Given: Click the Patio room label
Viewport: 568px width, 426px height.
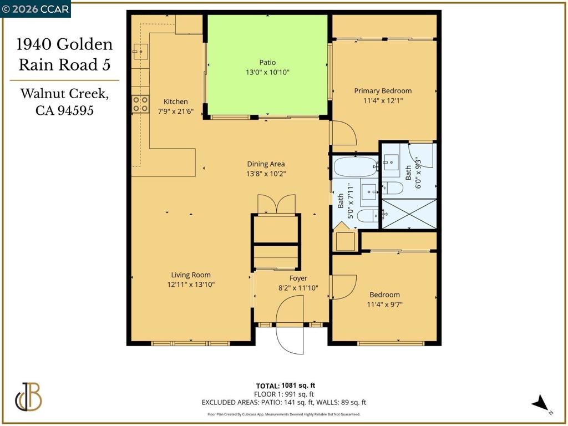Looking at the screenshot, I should tap(267, 63).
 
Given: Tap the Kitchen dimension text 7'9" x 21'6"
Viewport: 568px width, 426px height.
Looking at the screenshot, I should tap(175, 111).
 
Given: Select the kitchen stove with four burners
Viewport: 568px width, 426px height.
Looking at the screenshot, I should tap(140, 104).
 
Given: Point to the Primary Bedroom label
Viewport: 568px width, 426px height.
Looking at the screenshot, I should tap(383, 91).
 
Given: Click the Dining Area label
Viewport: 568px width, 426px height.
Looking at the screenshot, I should tap(266, 164).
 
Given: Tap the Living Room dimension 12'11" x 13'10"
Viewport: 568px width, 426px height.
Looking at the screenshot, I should tap(191, 285).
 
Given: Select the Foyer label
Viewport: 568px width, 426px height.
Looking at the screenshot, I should tap(298, 278).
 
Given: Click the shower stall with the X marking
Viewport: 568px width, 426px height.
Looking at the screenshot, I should tap(409, 214).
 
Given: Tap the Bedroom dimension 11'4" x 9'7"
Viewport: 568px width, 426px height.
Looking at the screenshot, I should tap(384, 305).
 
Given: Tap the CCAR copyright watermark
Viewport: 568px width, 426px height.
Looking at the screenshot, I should tap(35, 9).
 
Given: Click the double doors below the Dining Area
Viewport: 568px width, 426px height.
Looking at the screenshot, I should tap(276, 204).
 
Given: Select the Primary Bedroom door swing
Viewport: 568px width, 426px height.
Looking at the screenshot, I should tap(344, 132).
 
